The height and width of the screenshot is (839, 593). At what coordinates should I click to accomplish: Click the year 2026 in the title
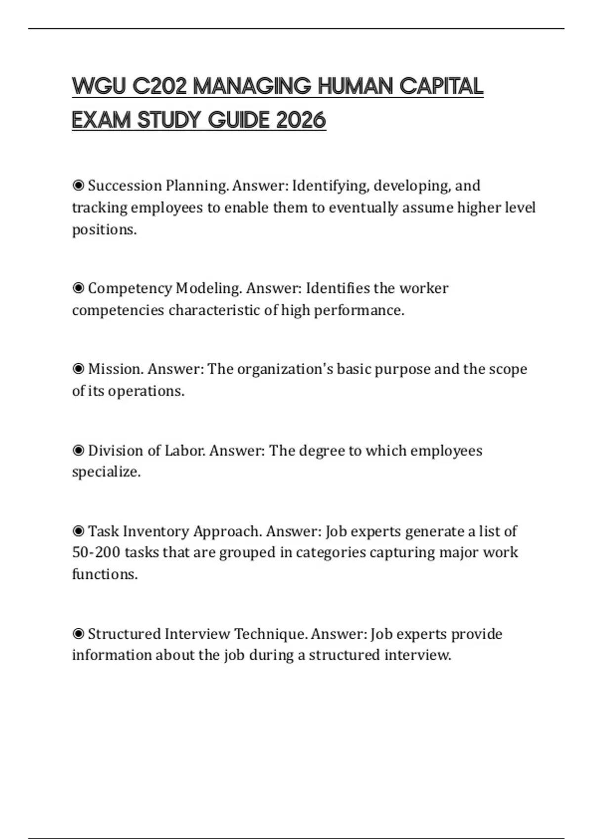click(301, 120)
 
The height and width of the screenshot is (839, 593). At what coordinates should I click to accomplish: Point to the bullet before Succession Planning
click(78, 186)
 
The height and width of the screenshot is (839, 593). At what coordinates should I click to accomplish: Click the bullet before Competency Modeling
click(78, 288)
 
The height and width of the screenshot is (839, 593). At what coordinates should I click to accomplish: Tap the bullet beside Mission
click(78, 369)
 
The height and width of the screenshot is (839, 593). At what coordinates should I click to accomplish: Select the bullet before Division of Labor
click(78, 450)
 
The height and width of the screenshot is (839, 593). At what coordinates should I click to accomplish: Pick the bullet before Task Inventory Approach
click(78, 531)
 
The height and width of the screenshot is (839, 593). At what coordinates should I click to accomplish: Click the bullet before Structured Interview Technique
click(78, 634)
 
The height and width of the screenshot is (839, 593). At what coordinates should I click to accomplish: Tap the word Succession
click(125, 186)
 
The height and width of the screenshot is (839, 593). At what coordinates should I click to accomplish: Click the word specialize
click(106, 472)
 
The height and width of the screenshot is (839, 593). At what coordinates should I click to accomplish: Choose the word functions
click(105, 574)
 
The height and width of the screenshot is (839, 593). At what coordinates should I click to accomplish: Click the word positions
click(104, 229)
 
